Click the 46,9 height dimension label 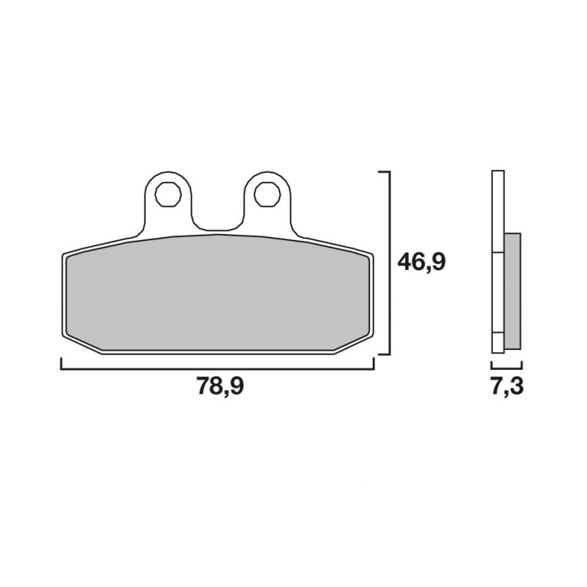tap(421, 262)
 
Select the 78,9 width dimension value tap(221, 386)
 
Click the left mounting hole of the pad tap(168, 194)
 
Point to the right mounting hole tap(267, 194)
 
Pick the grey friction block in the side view tap(512, 291)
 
